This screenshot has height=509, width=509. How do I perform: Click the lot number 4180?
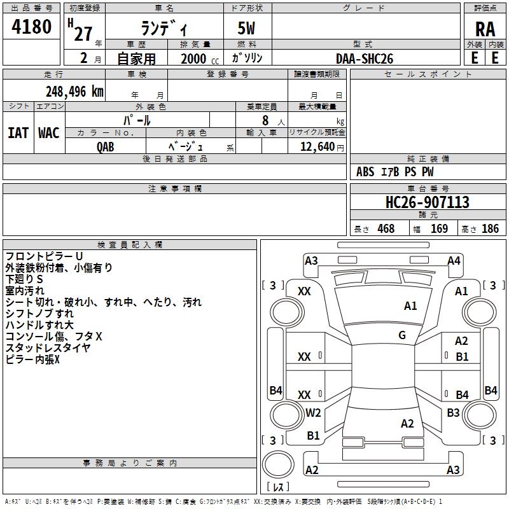31,26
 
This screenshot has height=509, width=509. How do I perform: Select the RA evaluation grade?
485,29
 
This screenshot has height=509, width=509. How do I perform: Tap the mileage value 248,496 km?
74,92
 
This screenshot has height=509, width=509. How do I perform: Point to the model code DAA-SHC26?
365,59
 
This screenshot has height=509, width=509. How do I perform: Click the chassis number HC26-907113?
427,202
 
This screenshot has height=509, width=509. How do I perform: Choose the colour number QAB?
105,147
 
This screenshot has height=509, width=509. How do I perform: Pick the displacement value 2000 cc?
200,59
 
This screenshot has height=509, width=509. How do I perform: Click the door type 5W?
246,28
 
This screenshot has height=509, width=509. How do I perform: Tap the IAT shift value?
18,133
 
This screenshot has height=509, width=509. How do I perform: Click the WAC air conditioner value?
49,133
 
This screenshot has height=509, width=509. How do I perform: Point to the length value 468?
386,228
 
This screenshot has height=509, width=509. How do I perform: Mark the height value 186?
490,228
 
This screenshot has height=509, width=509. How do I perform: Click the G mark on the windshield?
402,335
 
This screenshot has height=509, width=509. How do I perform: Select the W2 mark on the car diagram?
313,412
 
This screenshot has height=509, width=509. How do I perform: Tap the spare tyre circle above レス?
278,464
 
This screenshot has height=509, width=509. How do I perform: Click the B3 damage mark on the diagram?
453,412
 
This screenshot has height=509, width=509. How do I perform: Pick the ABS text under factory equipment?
365,172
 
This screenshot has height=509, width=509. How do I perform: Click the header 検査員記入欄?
130,245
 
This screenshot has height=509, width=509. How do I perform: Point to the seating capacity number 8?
265,120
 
